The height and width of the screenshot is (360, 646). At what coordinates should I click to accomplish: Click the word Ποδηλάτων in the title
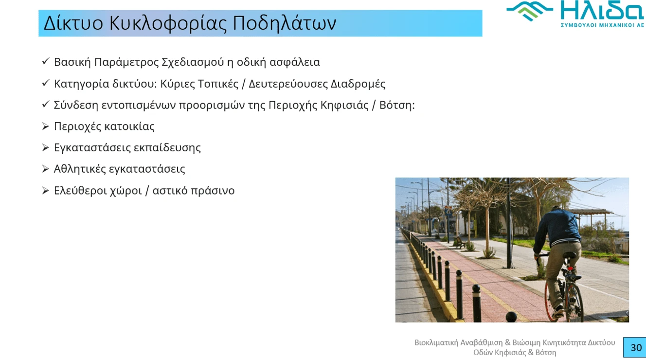[x=284, y=23]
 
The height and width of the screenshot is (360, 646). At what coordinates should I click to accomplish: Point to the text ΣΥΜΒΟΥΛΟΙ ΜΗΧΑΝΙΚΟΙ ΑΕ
[x=602, y=25]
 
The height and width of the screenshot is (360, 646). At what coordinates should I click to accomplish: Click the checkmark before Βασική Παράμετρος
[x=46, y=61]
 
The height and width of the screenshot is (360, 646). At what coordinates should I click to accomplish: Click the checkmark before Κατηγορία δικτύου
[x=46, y=83]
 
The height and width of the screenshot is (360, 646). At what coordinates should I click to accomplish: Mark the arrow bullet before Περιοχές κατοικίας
[x=46, y=126]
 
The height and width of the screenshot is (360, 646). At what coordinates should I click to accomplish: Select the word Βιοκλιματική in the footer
[x=436, y=342]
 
